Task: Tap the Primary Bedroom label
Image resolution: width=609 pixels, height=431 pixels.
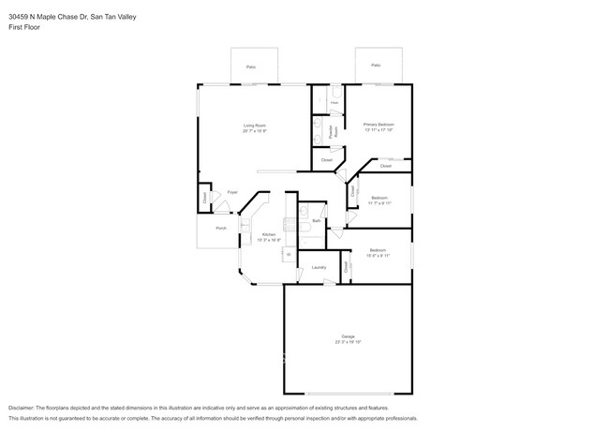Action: pyautogui.click(x=379, y=124)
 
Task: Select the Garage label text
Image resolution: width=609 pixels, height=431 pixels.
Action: pyautogui.click(x=348, y=335)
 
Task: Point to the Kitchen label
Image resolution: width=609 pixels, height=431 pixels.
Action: pyautogui.click(x=269, y=234)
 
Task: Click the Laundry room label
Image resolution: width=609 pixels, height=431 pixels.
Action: pyautogui.click(x=319, y=268)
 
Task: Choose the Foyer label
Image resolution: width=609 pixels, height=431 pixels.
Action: pyautogui.click(x=232, y=192)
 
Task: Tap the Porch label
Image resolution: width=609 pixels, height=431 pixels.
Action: pyautogui.click(x=221, y=228)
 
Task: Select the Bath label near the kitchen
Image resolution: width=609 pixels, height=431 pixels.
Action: pyautogui.click(x=317, y=220)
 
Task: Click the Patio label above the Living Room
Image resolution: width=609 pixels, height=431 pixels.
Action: pyautogui.click(x=251, y=67)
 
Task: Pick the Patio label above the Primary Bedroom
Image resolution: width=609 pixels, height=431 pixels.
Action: pyautogui.click(x=376, y=66)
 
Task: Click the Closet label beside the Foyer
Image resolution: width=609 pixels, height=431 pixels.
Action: pyautogui.click(x=204, y=198)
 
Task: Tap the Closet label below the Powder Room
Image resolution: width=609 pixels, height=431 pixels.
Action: pyautogui.click(x=327, y=160)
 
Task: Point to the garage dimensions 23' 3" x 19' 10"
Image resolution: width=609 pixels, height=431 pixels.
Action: pyautogui.click(x=348, y=342)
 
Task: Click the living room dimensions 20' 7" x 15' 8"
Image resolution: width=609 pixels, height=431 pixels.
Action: pyautogui.click(x=255, y=131)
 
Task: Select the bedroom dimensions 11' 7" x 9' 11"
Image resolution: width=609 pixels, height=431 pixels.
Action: pyautogui.click(x=379, y=203)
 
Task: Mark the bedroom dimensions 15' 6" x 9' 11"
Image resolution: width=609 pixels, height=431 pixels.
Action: pyautogui.click(x=378, y=256)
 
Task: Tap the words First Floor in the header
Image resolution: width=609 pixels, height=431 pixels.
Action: pyautogui.click(x=24, y=27)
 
